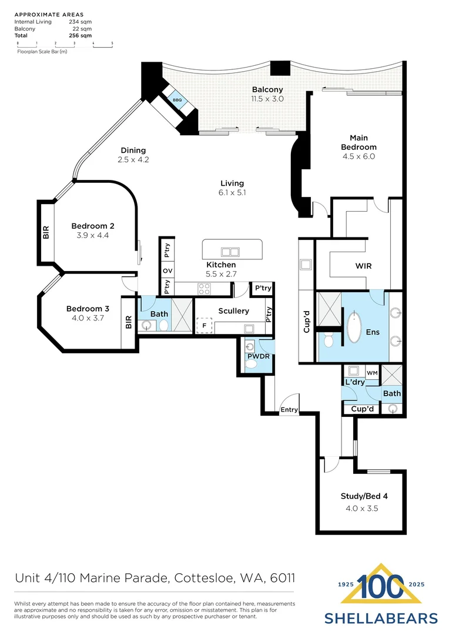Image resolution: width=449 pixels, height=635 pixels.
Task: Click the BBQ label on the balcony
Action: [177, 101]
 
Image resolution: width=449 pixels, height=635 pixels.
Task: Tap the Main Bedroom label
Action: [358, 142]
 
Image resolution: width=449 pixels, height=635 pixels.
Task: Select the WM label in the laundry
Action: [371, 373]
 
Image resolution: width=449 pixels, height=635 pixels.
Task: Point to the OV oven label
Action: [167, 271]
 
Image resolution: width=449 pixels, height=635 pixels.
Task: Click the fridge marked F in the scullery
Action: [205, 325]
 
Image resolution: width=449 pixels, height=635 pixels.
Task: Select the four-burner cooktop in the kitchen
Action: [205, 288]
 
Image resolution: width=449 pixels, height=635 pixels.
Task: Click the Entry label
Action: [289, 410]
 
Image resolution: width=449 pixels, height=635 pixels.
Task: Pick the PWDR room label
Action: [257, 356]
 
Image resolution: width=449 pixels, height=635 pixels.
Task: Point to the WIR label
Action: [364, 266]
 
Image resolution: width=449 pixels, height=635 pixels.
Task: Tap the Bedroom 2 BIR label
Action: [46, 233]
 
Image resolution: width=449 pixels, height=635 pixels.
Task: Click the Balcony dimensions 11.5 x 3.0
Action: [267, 99]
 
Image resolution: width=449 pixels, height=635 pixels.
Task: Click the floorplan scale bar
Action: [65, 44]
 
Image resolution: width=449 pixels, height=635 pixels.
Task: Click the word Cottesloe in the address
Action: [202, 579]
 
